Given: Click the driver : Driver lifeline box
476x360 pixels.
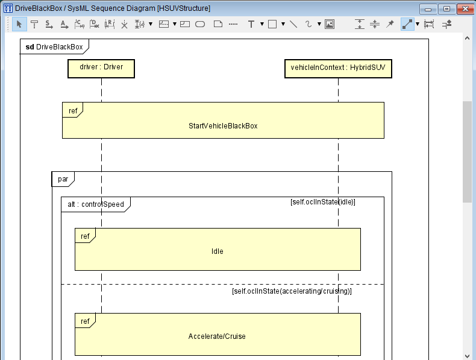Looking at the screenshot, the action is pos(101,69).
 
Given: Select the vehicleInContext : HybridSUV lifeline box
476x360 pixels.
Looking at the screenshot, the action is pos(338,69).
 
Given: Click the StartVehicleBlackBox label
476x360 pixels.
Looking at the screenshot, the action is pos(223,126).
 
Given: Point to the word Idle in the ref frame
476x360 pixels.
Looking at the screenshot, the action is pos(218,251).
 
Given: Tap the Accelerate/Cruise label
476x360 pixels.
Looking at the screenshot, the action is pos(217,336).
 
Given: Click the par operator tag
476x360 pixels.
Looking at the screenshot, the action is pos(63,179).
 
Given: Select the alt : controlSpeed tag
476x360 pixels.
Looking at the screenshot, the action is pos(96,204).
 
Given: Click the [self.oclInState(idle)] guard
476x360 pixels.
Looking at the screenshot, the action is pos(323,202).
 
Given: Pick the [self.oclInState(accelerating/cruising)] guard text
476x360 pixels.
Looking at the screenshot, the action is pos(292,291).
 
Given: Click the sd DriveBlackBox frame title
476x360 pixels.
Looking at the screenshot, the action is pos(54,47).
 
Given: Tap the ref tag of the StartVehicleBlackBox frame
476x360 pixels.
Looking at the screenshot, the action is pos(73,110).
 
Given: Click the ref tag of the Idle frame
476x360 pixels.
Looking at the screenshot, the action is pos(85,236).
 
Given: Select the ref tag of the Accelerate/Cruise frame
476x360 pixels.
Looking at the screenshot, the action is pos(85,321).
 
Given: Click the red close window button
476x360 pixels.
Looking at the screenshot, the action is pos(465,9).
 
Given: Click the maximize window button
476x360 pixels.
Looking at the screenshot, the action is pos(446,9).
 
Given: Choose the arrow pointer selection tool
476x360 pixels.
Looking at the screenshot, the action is pos(19,24).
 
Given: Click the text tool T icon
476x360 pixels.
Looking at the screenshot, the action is pos(251,24).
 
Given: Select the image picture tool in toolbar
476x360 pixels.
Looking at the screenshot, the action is pos(330,24).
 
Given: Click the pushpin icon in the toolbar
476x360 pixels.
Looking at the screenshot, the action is pos(390,24).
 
